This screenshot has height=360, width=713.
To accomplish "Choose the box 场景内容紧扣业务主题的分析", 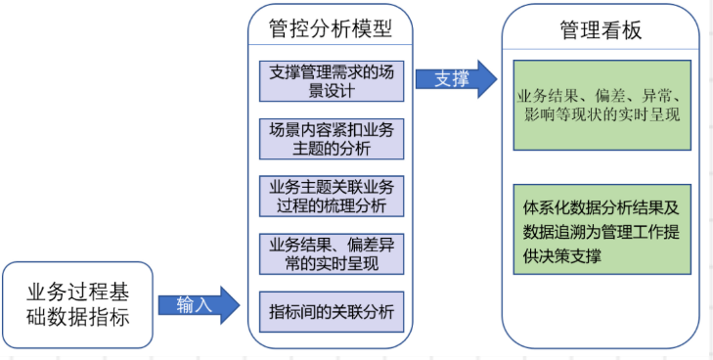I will (x=331, y=139).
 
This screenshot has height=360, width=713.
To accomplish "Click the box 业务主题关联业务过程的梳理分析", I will (x=331, y=196).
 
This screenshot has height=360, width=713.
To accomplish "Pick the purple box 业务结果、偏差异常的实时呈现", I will (x=331, y=253).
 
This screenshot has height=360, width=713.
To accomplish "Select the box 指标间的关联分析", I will (x=331, y=311).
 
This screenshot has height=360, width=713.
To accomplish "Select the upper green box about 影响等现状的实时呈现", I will (x=602, y=106).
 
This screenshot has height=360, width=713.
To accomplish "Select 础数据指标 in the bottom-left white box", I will (x=77, y=318).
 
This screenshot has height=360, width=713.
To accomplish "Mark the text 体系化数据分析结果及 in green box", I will (x=602, y=206).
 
